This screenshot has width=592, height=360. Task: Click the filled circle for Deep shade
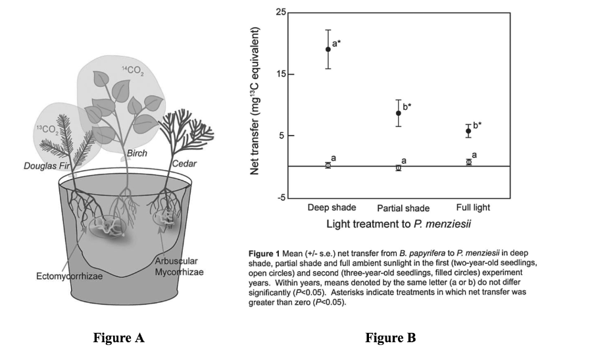click(328, 49)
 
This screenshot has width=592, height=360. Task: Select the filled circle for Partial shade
click(398, 113)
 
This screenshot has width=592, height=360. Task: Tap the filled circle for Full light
click(468, 131)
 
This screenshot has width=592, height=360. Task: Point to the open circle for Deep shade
click(328, 165)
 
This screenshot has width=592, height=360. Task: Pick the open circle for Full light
click(468, 162)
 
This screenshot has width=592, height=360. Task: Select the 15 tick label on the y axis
click(281, 74)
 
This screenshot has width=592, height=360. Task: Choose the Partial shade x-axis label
click(403, 209)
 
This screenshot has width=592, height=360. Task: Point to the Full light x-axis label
click(472, 208)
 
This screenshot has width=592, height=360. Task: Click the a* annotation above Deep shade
click(336, 44)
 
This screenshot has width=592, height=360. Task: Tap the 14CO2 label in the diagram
click(133, 70)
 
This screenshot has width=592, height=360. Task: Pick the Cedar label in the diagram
click(184, 163)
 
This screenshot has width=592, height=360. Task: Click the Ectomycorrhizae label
click(68, 275)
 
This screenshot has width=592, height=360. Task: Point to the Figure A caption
click(118, 338)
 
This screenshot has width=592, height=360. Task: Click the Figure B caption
click(391, 338)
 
